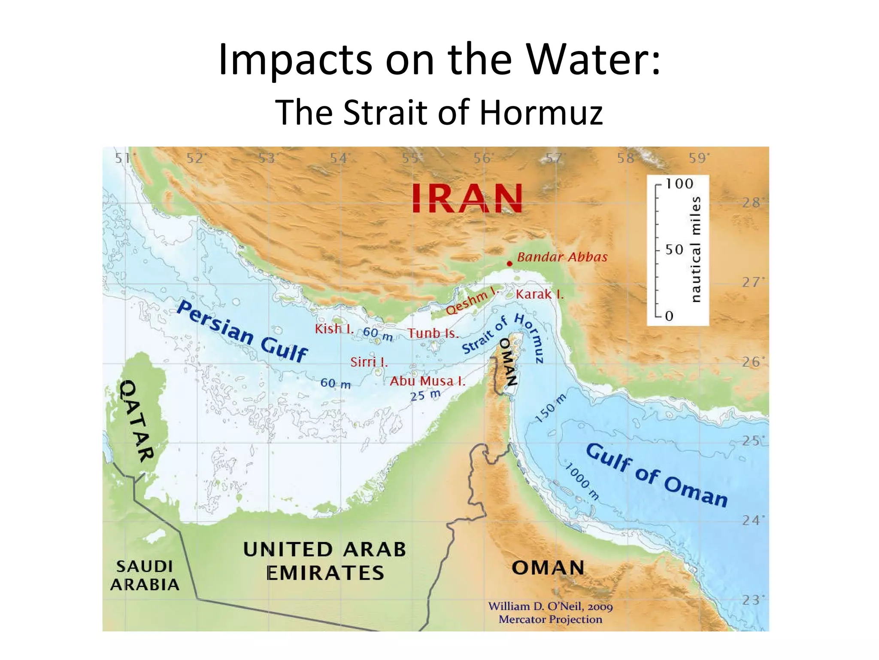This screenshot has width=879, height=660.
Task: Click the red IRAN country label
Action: tap(467, 198)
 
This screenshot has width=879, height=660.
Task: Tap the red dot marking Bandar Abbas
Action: tap(509, 263)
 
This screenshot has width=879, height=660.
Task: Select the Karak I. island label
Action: tap(540, 294)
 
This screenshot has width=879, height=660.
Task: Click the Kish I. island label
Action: tap(334, 329)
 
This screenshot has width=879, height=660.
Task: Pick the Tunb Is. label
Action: tap(433, 333)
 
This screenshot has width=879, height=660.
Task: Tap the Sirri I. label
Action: tap(369, 362)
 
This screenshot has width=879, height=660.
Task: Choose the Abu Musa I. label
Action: tap(427, 381)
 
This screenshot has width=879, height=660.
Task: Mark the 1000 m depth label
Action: tap(582, 481)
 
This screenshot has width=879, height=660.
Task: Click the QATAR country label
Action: tap(136, 421)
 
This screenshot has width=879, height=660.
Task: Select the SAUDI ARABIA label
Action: tap(145, 575)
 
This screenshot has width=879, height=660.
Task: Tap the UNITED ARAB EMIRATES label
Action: tap(324, 561)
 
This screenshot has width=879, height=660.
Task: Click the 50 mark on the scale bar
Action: tap(674, 250)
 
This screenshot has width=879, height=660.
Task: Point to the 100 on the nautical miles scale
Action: tap(679, 184)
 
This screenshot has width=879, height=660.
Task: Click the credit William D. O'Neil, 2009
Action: tap(550, 606)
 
